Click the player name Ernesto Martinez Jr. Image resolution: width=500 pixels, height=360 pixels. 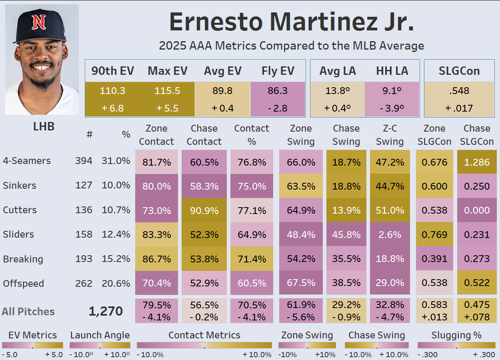click(291, 22)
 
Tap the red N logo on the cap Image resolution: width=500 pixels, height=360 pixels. click(39, 22)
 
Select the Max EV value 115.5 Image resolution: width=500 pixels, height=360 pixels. click(167, 91)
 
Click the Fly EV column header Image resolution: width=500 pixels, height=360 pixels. click(278, 71)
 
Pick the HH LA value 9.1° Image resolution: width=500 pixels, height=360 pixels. click(392, 91)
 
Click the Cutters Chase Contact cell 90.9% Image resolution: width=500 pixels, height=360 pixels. click(204, 210)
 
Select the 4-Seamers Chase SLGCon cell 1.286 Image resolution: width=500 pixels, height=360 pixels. click(477, 162)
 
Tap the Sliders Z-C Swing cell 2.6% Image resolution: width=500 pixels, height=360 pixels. click(390, 235)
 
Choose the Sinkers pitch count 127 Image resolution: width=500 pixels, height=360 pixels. click(84, 186)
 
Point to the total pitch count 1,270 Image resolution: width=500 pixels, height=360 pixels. click(106, 312)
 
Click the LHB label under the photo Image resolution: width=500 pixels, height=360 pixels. click(44, 127)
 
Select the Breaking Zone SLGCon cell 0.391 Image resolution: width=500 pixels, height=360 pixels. click(434, 259)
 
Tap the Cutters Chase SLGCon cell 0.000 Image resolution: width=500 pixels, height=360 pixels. click(477, 210)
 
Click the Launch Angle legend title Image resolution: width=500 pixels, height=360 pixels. click(100, 335)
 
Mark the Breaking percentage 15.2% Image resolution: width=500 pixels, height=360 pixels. click(116, 259)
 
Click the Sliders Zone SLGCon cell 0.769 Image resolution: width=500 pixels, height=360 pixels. click(434, 235)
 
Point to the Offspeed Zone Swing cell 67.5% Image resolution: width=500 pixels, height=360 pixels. click(301, 283)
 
